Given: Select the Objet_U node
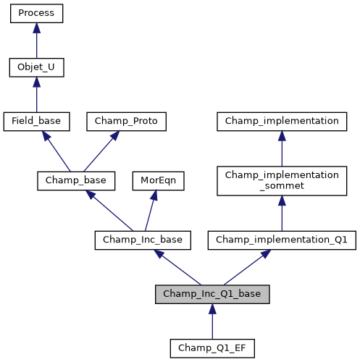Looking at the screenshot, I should coord(36,68).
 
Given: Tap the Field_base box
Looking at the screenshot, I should coord(36,122).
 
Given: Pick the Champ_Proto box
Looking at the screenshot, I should coord(127,122).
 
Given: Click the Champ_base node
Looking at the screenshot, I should coord(76,180).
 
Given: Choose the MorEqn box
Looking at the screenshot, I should coord(158,180).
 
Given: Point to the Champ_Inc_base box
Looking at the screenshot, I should coord(143,240).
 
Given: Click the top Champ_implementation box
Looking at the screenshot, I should coord(282,122).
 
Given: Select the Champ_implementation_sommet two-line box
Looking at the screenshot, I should coord(282,180).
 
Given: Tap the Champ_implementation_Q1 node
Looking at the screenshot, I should coord(282,240).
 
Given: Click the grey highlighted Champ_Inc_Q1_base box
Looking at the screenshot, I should coord(212,294).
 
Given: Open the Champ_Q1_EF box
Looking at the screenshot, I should coord(212,348).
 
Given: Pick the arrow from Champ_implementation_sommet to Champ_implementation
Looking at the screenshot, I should coord(282,148).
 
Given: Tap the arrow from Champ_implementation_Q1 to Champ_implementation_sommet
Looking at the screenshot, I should coord(282,214).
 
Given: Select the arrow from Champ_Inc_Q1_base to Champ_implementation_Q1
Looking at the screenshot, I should coord(246,267).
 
